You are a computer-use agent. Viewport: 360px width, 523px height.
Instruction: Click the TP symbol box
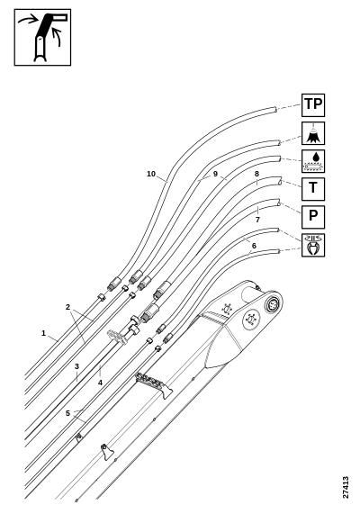tap(313, 105)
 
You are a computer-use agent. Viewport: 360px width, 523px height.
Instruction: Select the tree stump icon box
tap(313, 133)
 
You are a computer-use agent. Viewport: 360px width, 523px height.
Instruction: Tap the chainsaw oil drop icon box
tap(313, 161)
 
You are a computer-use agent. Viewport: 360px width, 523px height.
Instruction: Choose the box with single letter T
tap(313, 189)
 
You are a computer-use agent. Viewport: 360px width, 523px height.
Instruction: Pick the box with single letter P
tap(313, 217)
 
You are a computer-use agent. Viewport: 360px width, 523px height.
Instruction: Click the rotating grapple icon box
tap(313, 245)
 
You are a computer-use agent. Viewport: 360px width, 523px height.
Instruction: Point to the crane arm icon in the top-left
tap(42, 37)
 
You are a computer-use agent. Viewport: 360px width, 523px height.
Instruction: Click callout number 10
tap(151, 174)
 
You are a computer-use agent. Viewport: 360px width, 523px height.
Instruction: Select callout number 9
tap(215, 174)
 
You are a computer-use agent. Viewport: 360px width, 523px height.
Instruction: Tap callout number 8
tap(256, 174)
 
